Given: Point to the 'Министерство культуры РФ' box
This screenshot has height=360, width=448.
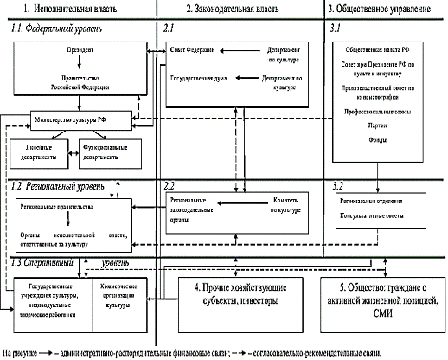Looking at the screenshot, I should (72, 117).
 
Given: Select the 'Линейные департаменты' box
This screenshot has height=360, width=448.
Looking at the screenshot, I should (38, 151).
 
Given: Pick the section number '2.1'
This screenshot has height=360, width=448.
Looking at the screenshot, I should (170, 29).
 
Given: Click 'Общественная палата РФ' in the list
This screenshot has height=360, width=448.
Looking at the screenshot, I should (384, 52).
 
